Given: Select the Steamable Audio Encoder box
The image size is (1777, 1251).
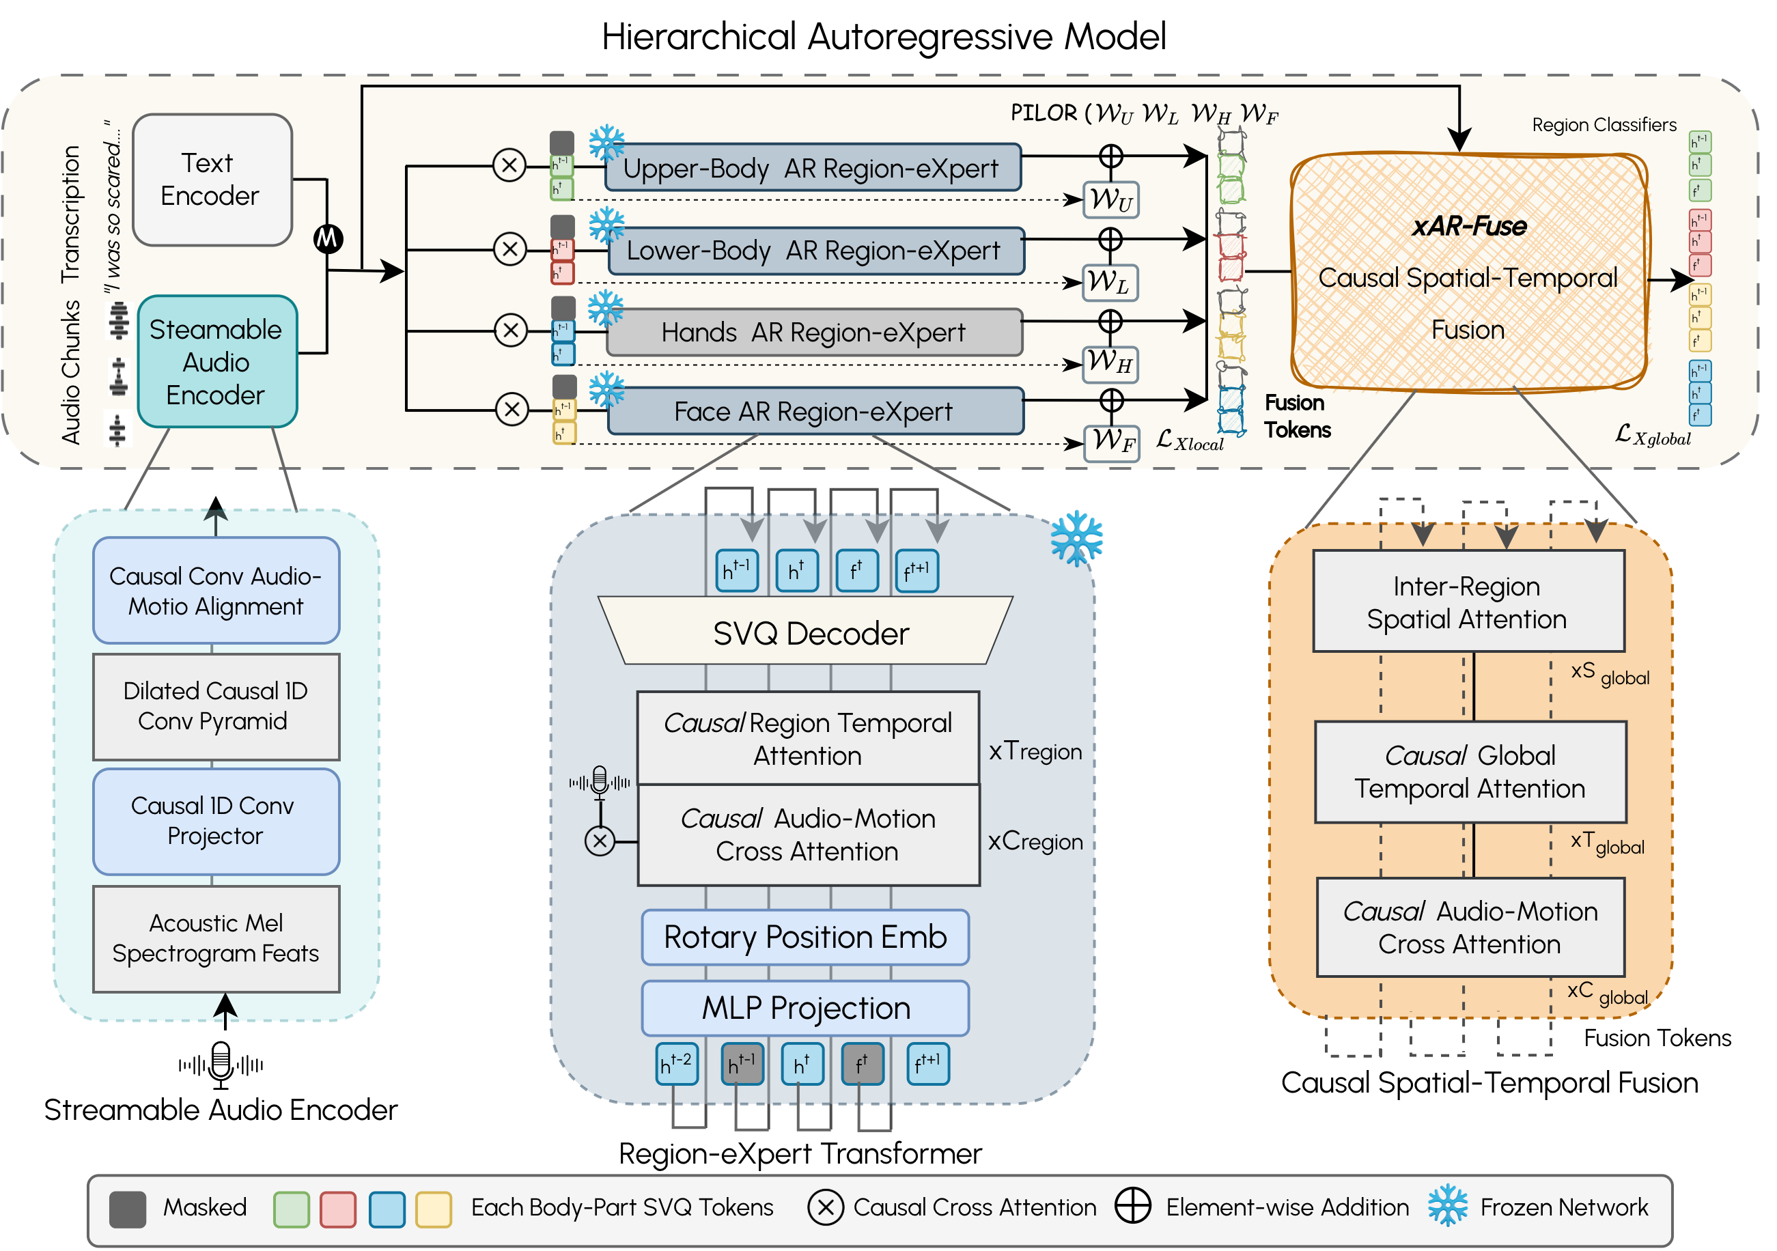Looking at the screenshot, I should coord(216,362).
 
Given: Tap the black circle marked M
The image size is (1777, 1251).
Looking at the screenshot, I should coord(327,238).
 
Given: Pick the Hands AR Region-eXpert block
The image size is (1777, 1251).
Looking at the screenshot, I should coord(813,333).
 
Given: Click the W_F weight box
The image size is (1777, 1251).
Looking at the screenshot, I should coord(1111,442).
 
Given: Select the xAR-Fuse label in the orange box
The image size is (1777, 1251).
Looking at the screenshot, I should coord(1468,227).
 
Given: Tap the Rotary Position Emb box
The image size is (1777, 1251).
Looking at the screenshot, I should coord(805,937).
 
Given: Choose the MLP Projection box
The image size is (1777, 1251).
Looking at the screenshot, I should coord(805,1008).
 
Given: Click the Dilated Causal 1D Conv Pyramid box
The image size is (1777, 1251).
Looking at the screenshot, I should coord(216,705).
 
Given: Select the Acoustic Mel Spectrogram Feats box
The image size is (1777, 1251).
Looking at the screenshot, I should coord(216,938).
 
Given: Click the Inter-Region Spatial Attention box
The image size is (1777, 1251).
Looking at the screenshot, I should coord(1468,602).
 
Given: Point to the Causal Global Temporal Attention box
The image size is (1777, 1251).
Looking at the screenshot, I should coord(1469,772).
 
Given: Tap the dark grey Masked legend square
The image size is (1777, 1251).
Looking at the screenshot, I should coord(128,1209).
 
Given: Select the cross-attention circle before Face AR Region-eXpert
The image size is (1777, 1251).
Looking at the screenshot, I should coord(512,409).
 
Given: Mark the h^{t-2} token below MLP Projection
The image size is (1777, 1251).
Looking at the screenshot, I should coord(676,1064).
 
